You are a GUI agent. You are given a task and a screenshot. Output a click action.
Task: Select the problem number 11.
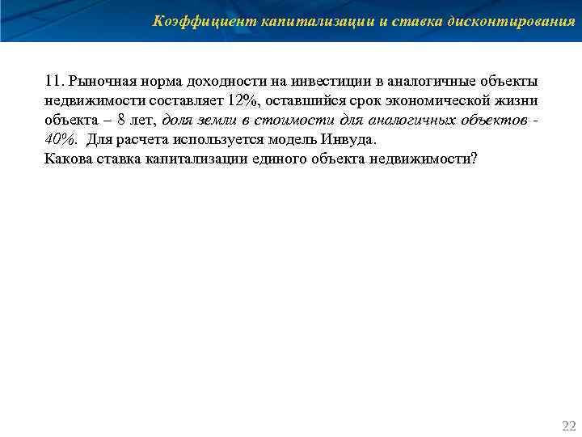point(53,82)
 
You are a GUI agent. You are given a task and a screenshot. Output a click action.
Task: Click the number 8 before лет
point(122,119)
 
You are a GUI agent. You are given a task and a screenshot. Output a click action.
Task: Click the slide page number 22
point(568,425)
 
